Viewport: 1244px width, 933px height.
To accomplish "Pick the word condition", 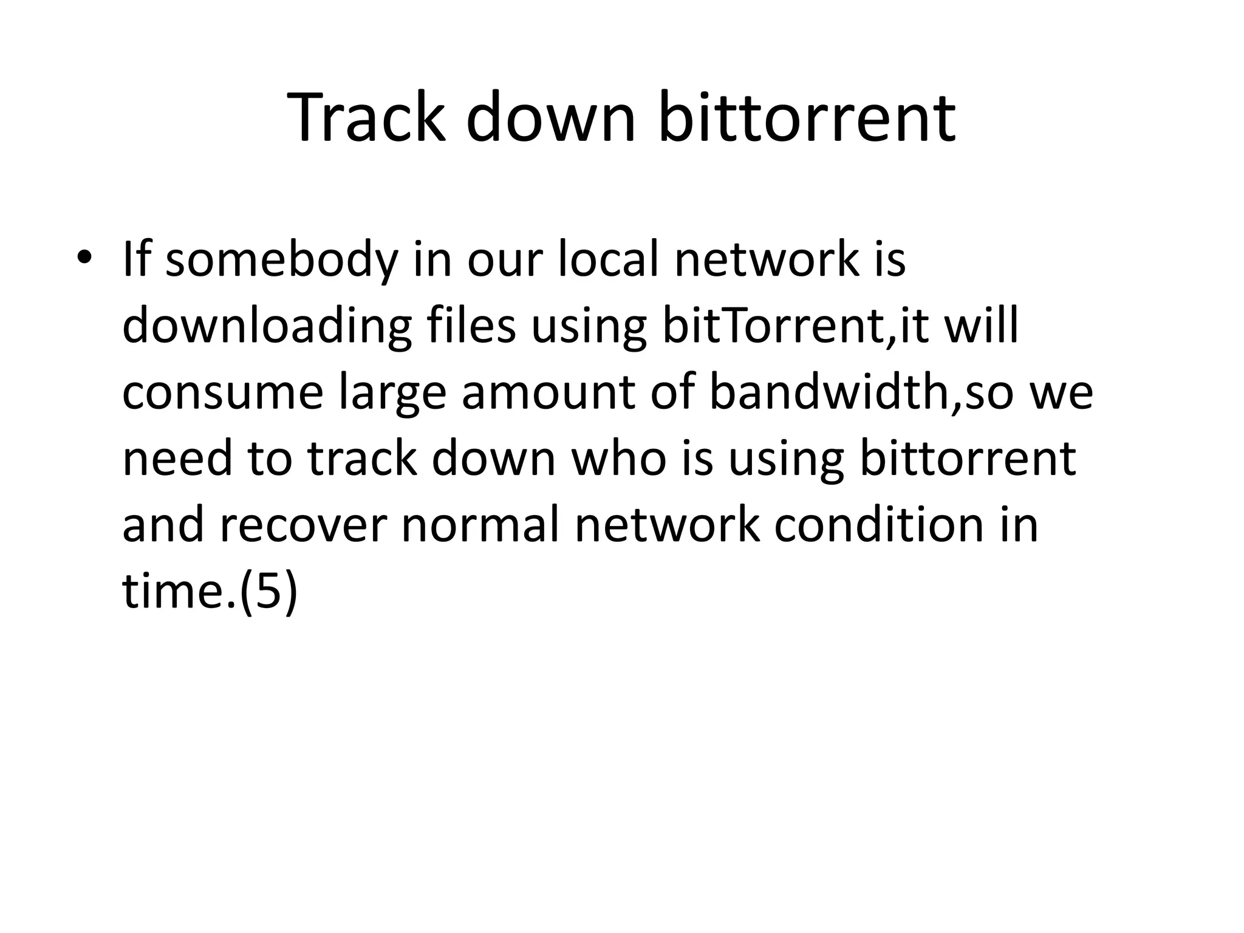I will tap(878, 524).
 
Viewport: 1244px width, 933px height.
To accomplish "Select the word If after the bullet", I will tap(135, 259).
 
